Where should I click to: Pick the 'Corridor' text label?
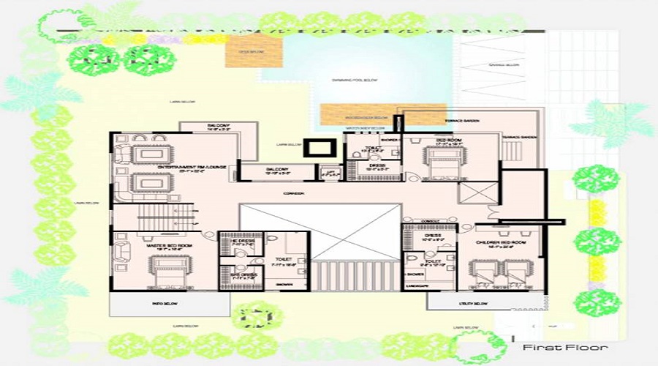click(x=295, y=193)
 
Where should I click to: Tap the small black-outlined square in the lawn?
click(x=317, y=148)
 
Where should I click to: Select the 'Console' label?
click(x=429, y=220)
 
